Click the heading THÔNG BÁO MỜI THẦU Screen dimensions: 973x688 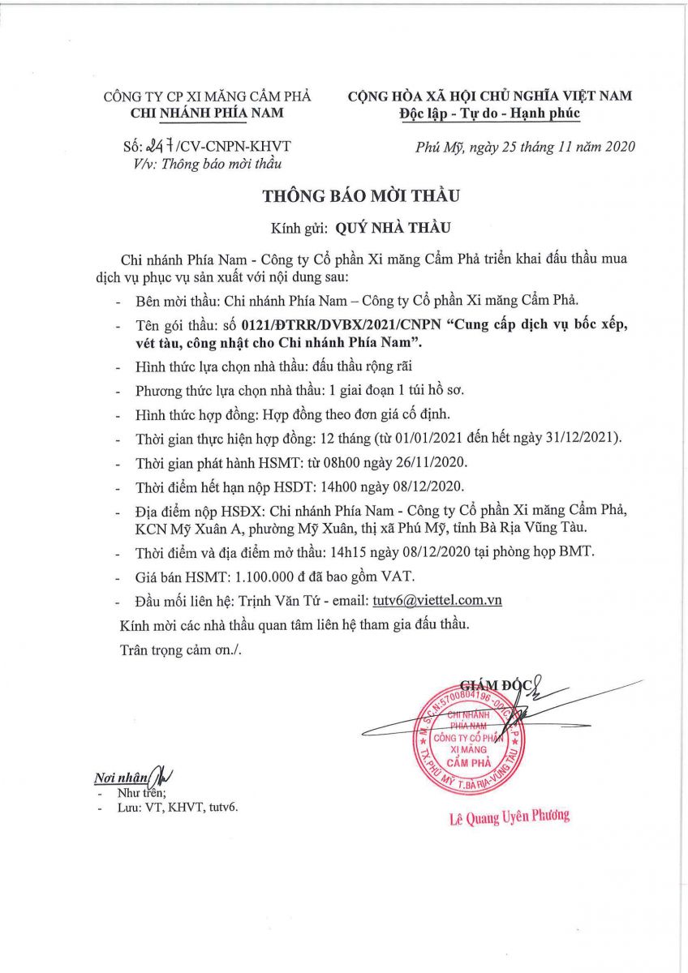[360, 196]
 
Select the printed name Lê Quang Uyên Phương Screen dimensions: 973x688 [510, 817]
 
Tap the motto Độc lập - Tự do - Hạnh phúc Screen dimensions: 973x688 [490, 113]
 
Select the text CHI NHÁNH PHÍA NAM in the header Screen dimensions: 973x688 [207, 114]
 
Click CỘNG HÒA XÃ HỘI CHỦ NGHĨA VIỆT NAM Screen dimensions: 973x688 [490, 96]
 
